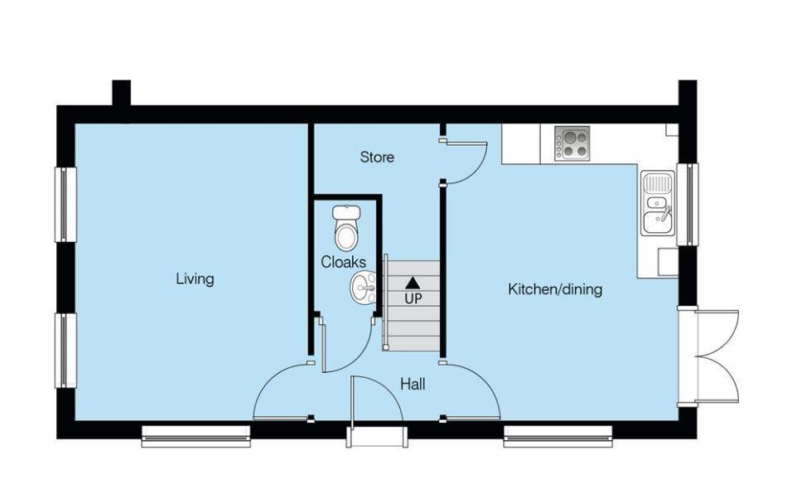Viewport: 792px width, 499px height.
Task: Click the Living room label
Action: tap(195, 279)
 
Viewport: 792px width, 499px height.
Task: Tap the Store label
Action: tap(376, 157)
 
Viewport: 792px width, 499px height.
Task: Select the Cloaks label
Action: tap(343, 262)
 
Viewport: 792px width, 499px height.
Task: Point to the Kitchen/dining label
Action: tap(554, 289)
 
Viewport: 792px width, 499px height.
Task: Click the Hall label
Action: tap(413, 384)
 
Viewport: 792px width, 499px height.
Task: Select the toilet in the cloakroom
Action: tap(346, 226)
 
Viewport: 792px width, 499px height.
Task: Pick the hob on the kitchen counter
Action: tap(572, 143)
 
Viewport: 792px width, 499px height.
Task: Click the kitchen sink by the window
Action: tap(657, 203)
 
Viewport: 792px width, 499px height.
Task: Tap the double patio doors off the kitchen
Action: tap(709, 356)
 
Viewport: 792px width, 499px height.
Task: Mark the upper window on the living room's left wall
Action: tap(65, 204)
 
